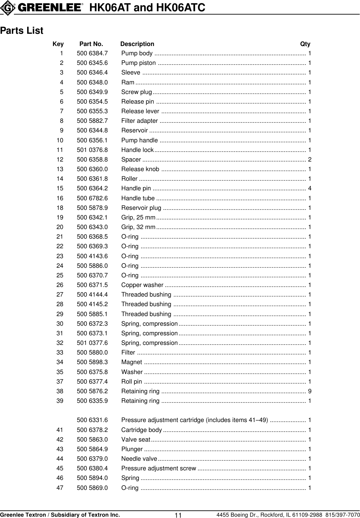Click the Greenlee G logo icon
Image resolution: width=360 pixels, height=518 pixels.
click(x=7, y=8)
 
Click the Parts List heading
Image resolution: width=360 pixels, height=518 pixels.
click(x=22, y=31)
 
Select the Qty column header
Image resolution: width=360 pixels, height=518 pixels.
click(x=305, y=44)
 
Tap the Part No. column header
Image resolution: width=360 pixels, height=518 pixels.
click(x=91, y=44)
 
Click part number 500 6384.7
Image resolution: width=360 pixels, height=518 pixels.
click(x=92, y=53)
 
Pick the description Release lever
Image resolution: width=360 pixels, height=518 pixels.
click(x=140, y=111)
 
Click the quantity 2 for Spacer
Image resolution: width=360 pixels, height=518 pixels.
click(x=310, y=160)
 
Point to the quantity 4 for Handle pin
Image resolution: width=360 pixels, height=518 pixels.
click(x=310, y=189)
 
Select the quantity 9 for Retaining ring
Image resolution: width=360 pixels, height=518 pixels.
click(x=310, y=391)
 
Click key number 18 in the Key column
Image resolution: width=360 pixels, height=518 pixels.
click(x=60, y=208)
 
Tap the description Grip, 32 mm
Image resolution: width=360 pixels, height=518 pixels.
click(x=138, y=227)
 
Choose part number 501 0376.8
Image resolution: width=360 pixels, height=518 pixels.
click(x=92, y=150)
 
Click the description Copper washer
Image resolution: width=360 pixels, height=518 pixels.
click(x=142, y=285)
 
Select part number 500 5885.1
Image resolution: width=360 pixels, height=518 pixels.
click(x=92, y=314)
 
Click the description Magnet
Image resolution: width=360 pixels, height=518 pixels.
click(x=132, y=362)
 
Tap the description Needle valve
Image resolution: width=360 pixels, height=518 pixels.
click(x=139, y=459)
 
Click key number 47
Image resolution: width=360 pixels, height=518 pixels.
click(x=60, y=488)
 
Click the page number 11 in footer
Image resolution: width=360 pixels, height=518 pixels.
click(x=178, y=515)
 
